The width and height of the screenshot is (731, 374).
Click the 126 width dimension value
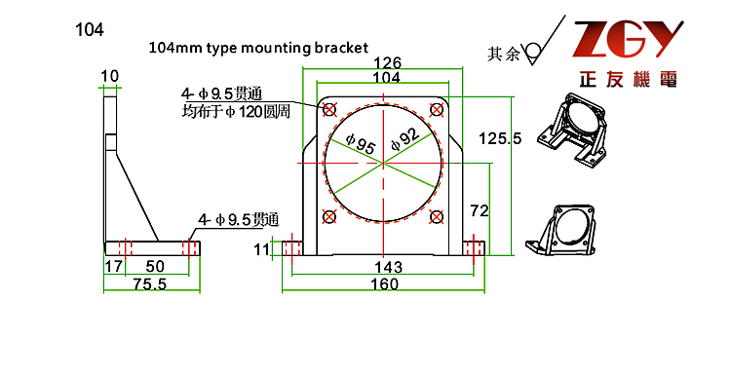pyautogui.click(x=387, y=63)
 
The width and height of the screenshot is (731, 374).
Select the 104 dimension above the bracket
pyautogui.click(x=387, y=77)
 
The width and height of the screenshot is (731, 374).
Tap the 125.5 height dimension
pyautogui.click(x=500, y=138)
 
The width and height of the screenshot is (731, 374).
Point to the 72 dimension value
pyautogui.click(x=480, y=210)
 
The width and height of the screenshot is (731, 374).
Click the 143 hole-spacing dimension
pyautogui.click(x=388, y=267)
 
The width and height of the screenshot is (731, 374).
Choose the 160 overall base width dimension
pyautogui.click(x=385, y=283)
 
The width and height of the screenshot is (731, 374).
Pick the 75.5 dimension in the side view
pyautogui.click(x=150, y=284)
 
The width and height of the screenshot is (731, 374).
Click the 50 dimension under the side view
pyautogui.click(x=155, y=267)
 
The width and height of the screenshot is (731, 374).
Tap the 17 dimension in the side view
pyautogui.click(x=114, y=267)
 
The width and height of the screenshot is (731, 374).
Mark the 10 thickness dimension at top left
pyautogui.click(x=110, y=76)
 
